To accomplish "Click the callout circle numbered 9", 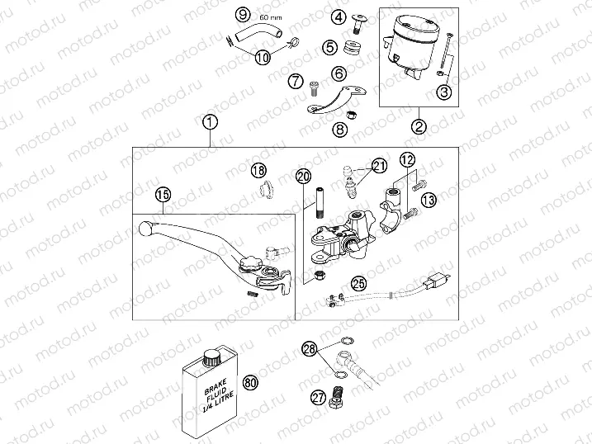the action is tap(243, 15).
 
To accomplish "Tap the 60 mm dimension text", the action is tap(270, 17).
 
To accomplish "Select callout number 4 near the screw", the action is tap(339, 17).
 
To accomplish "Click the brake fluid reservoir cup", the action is tap(406, 46).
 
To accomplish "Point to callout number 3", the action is tap(444, 92).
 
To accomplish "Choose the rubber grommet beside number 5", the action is tap(353, 48).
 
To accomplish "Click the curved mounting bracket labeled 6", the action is tap(336, 100).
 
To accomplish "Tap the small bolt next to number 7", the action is tap(314, 89).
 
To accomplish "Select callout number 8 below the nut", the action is tap(340, 130).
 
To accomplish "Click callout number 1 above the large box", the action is tap(210, 122).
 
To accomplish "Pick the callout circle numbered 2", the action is tap(419, 126).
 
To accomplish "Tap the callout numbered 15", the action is tap(163, 195).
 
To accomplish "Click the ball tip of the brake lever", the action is tap(145, 228).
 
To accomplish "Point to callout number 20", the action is tap(304, 176).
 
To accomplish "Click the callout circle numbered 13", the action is tap(429, 199).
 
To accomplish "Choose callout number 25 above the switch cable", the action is tap(358, 283).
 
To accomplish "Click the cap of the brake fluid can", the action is tap(211, 357).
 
